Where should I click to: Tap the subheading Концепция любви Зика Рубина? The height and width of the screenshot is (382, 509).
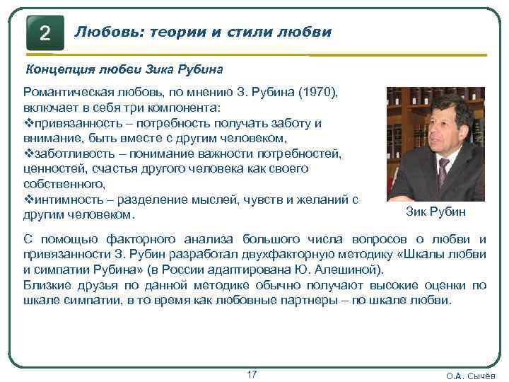124,69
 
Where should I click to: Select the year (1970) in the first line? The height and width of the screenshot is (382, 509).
317,93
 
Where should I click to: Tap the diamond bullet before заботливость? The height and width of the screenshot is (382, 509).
28,154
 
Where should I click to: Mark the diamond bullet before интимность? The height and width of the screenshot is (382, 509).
28,199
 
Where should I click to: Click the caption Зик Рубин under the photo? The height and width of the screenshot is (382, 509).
436,212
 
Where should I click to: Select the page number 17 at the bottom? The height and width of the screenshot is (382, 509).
252,373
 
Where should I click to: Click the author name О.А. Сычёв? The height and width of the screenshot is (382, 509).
471,376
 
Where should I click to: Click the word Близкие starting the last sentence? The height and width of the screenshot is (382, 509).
49,285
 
